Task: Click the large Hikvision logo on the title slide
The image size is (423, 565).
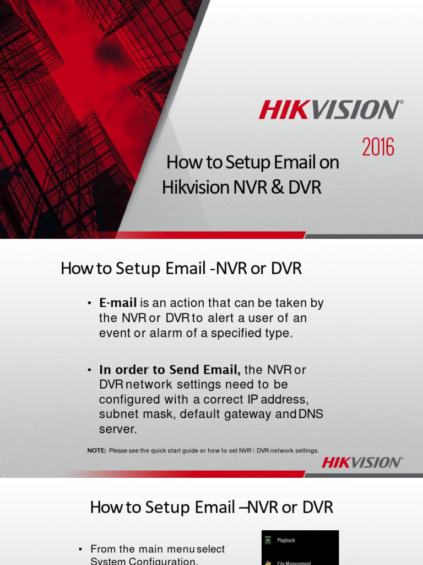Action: pyautogui.click(x=329, y=109)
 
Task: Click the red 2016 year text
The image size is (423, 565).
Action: pyautogui.click(x=378, y=148)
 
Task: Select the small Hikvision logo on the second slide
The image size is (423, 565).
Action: pyautogui.click(x=362, y=462)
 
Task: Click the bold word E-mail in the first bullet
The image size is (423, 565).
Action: pyautogui.click(x=118, y=303)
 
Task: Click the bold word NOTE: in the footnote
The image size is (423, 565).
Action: pyautogui.click(x=96, y=451)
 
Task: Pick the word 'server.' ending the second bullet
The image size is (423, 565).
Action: pyautogui.click(x=117, y=429)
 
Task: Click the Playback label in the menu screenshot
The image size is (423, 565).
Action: pyautogui.click(x=286, y=541)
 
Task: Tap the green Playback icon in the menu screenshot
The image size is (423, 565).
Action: pyautogui.click(x=268, y=541)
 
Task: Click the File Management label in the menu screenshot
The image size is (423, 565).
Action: pyautogui.click(x=294, y=562)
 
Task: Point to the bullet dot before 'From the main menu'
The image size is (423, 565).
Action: pyautogui.click(x=80, y=549)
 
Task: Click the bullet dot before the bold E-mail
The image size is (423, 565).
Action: pyautogui.click(x=89, y=303)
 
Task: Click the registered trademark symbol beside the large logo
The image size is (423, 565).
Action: pyautogui.click(x=400, y=102)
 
